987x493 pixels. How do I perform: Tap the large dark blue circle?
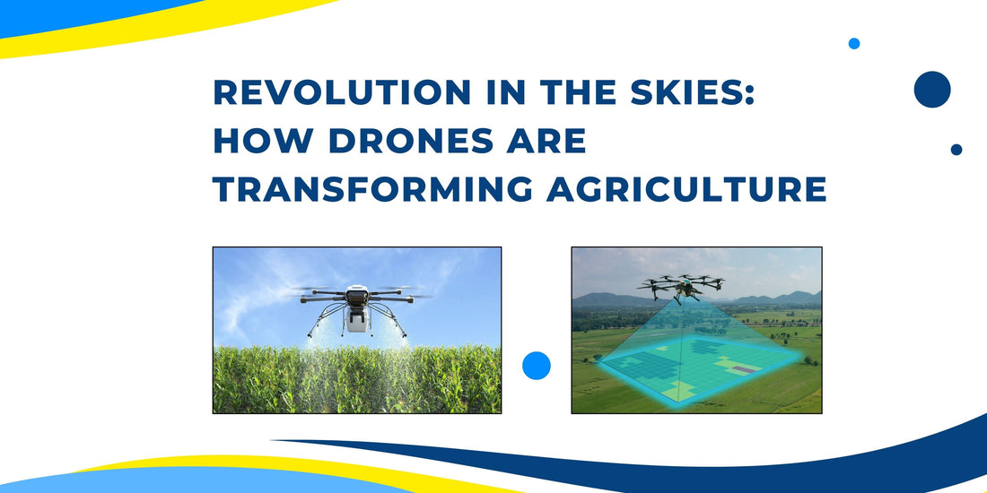[x=932, y=90]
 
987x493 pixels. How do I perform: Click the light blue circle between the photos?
[x=537, y=366]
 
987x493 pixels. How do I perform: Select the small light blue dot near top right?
[x=854, y=43]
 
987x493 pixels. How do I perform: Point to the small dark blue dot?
[x=956, y=150]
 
